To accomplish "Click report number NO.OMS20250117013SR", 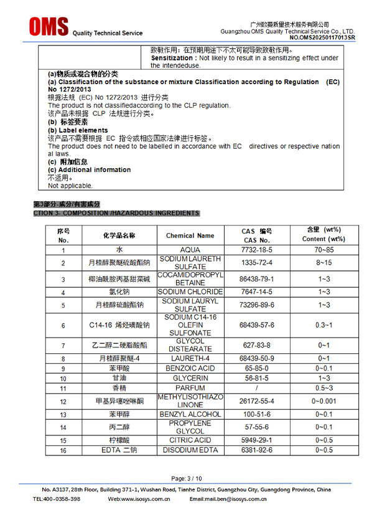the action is pyautogui.click(x=322, y=37).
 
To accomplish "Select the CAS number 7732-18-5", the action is pyautogui.click(x=257, y=250).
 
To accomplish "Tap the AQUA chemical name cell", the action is pyautogui.click(x=190, y=250).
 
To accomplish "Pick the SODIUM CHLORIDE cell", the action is pyautogui.click(x=190, y=292).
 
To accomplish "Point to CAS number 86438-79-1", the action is pyautogui.click(x=257, y=278).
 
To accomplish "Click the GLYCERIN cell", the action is pyautogui.click(x=190, y=378).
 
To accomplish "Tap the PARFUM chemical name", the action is pyautogui.click(x=190, y=388).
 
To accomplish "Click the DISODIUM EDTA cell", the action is pyautogui.click(x=190, y=450).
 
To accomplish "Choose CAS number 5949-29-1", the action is pyautogui.click(x=257, y=440).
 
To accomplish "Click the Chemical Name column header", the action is pyautogui.click(x=190, y=235).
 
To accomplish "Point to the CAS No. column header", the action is pyautogui.click(x=257, y=240).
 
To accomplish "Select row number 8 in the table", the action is pyautogui.click(x=63, y=359).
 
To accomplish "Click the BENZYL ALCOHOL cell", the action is pyautogui.click(x=190, y=414).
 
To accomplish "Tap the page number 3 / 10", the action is pyautogui.click(x=186, y=478).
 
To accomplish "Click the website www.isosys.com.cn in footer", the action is pyautogui.click(x=144, y=499).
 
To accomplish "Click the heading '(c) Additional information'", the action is pyautogui.click(x=90, y=169).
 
